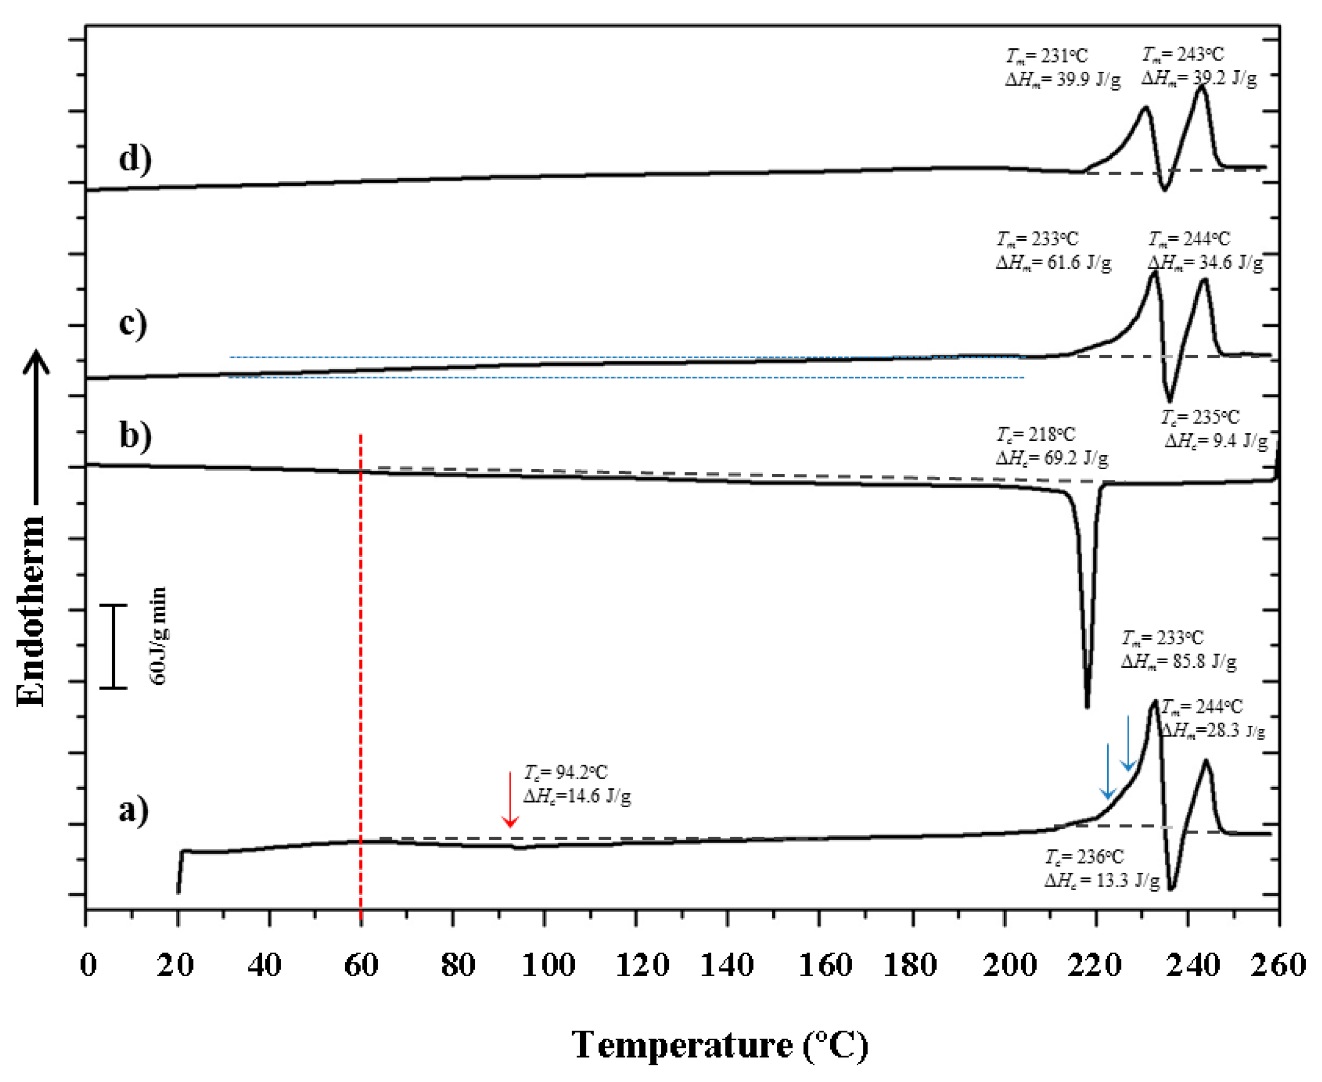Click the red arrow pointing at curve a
510,800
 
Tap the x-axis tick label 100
548,965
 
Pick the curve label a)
133,810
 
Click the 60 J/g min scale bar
114,646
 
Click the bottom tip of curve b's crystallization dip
1087,707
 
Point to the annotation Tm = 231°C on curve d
1047,56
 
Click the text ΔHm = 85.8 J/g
1178,661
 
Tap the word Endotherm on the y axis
31,611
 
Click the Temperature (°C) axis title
719,1045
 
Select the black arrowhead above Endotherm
36,361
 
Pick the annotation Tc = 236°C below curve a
1084,857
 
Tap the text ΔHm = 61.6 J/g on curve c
1053,263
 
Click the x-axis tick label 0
89,965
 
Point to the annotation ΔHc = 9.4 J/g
1216,441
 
